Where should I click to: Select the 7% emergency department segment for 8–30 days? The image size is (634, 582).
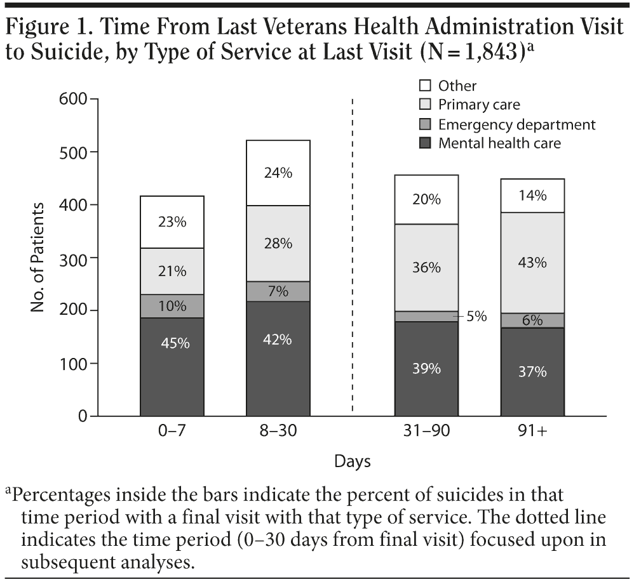[x=278, y=291]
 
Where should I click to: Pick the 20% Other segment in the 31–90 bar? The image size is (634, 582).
[x=426, y=199]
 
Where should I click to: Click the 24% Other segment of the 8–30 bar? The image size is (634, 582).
[x=278, y=173]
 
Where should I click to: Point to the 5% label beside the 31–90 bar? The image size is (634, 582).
[x=476, y=315]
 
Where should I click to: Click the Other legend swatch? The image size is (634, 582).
[x=425, y=85]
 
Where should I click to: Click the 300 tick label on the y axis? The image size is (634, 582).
[x=75, y=258]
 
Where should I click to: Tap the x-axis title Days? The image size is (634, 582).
[x=353, y=461]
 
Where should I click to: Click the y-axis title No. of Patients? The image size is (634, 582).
[x=39, y=258]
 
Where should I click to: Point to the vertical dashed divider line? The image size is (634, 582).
[x=352, y=254]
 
